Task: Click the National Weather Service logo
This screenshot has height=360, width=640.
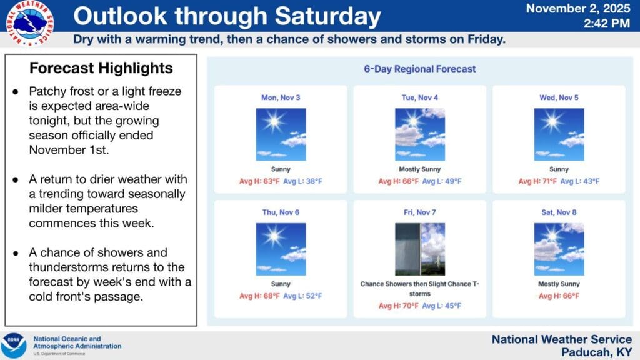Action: click(30, 23)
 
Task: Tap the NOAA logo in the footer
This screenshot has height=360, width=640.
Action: click(14, 346)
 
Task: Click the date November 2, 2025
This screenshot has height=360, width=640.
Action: click(578, 9)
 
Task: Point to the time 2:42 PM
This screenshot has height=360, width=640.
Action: click(606, 24)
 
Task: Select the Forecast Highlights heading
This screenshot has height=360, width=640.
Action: click(101, 67)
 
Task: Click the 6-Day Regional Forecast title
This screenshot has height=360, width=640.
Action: click(419, 69)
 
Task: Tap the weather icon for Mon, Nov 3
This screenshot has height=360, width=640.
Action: click(281, 134)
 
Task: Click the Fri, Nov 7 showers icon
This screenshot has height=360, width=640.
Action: click(420, 249)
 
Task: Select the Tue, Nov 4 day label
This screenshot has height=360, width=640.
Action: click(419, 97)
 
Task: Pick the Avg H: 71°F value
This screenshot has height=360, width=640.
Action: click(537, 181)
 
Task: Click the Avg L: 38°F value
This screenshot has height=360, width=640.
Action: click(302, 181)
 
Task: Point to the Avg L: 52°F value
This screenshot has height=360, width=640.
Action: click(302, 296)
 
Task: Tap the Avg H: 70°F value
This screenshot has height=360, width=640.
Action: click(398, 306)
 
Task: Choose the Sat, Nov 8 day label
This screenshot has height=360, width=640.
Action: click(559, 212)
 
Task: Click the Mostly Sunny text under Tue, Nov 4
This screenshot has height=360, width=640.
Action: click(420, 169)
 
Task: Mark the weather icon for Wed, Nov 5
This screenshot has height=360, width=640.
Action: click(559, 134)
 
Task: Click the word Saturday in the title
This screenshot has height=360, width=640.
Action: click(327, 16)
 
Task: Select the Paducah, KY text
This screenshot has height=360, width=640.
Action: click(596, 352)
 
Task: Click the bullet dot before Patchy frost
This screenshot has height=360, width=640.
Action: click(16, 91)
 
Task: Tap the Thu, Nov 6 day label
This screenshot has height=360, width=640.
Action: click(281, 212)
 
